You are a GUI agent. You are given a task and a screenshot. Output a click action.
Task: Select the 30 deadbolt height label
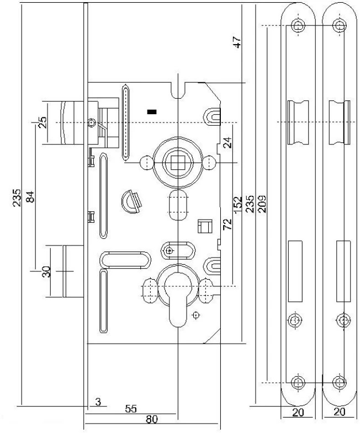tap(47, 272)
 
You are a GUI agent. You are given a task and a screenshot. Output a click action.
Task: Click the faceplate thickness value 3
tap(98, 402)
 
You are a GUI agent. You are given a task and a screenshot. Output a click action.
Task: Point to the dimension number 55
tap(131, 409)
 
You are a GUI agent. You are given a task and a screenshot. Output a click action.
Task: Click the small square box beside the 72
tap(204, 226)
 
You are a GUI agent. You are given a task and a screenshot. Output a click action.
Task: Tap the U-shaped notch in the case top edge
tap(177, 88)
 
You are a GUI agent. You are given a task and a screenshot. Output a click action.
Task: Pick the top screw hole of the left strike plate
tap(298, 25)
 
